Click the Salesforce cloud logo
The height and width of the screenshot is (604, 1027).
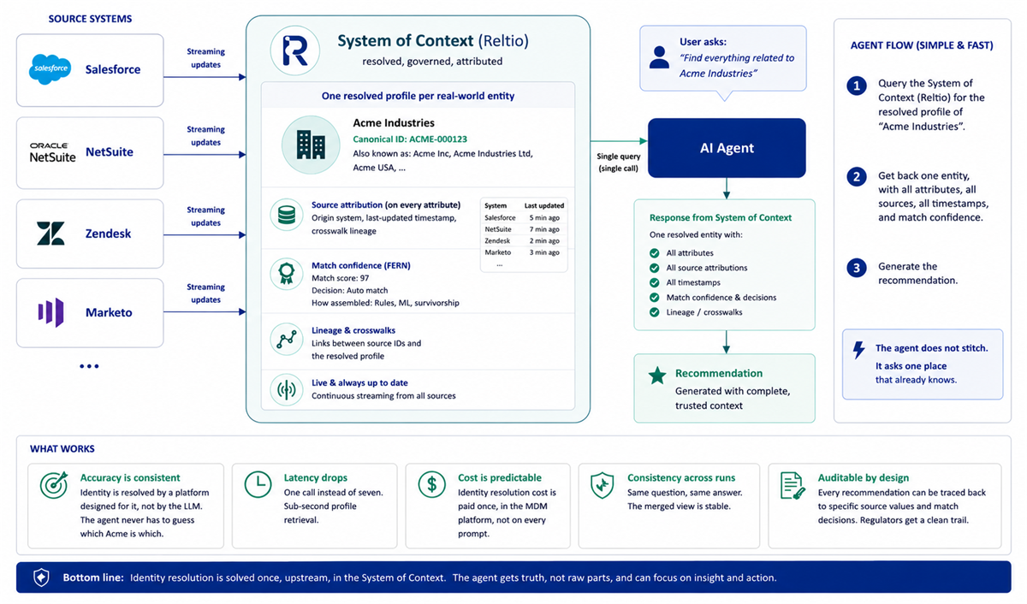tap(50, 69)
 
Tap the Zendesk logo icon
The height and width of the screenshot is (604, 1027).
tap(50, 234)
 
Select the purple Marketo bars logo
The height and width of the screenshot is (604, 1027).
tap(50, 312)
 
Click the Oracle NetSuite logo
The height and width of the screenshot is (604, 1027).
tap(53, 152)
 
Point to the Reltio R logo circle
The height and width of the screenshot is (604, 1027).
tap(294, 50)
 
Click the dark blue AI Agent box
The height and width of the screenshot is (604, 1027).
tap(727, 148)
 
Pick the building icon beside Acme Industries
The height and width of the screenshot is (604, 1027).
tap(311, 145)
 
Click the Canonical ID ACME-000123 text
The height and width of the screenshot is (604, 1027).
tap(410, 139)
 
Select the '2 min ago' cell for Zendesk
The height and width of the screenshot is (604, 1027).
tap(544, 240)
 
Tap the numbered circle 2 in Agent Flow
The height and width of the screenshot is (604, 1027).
tap(857, 177)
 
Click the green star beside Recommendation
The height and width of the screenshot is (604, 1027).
tap(657, 376)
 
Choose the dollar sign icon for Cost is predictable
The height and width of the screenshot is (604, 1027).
tap(432, 485)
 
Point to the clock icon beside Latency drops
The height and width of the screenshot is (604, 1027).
tap(258, 484)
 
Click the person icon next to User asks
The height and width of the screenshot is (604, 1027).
tap(659, 57)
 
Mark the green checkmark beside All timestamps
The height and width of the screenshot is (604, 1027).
tap(654, 283)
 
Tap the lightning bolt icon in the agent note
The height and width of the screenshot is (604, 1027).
tap(858, 350)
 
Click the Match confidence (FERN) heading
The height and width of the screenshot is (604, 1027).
tap(361, 265)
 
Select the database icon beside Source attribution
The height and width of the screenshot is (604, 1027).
tap(287, 215)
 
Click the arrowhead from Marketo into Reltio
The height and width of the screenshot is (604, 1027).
tap(242, 312)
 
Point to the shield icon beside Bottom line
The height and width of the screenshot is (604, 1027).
tap(41, 577)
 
